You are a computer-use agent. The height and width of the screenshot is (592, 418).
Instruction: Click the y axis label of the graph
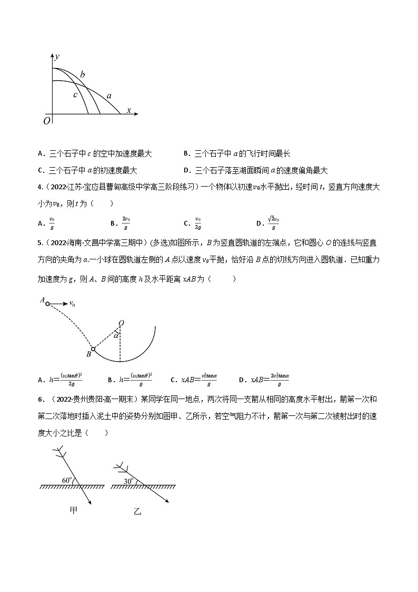56,56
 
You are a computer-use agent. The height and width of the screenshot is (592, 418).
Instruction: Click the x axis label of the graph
128,110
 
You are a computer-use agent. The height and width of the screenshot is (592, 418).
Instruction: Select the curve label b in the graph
83,74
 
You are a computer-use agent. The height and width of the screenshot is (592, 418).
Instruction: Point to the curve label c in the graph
75,95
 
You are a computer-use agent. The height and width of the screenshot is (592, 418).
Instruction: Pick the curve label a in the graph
109,96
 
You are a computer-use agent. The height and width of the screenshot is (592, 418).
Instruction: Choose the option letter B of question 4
112,223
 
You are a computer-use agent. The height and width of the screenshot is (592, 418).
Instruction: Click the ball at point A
48,304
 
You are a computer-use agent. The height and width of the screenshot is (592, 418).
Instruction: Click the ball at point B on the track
93,349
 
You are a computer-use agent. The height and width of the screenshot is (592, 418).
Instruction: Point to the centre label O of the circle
121,323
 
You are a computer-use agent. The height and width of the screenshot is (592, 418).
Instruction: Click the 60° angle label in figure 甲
66,480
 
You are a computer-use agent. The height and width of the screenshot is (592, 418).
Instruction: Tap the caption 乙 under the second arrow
137,511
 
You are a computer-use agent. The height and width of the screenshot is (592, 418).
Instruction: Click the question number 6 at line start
40,399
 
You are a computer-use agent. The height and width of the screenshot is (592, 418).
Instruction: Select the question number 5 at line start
40,243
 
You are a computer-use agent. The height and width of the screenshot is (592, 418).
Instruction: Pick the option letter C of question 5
173,379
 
